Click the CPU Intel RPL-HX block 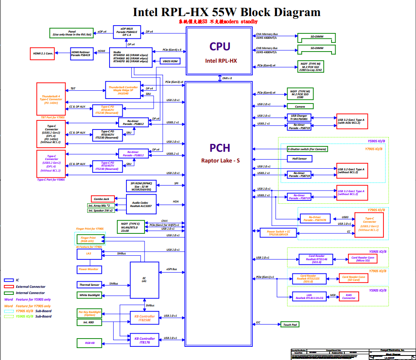point(219,51)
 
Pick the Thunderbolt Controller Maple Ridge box point(123,90)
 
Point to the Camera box point(299,106)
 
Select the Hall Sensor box point(299,159)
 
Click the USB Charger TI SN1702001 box point(299,117)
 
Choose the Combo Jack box point(103,199)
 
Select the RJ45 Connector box point(348,296)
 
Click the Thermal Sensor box point(89,285)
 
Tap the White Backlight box point(89,295)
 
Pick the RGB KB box point(90,343)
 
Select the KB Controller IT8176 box point(144,340)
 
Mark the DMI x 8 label point(227,78)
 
